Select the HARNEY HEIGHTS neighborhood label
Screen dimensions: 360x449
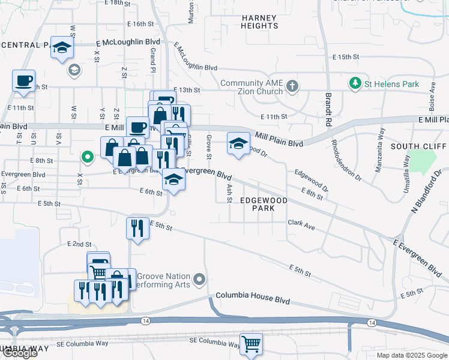click(260, 22)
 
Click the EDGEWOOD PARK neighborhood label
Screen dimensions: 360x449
click(264, 204)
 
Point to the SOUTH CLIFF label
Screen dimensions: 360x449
click(418, 146)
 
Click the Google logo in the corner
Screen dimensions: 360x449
click(19, 353)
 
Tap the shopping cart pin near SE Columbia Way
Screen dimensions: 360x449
click(252, 344)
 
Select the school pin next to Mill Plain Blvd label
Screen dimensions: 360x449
click(238, 143)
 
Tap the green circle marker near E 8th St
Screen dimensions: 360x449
click(87, 158)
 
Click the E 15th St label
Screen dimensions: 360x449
click(345, 57)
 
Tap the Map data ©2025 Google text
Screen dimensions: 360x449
click(411, 355)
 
